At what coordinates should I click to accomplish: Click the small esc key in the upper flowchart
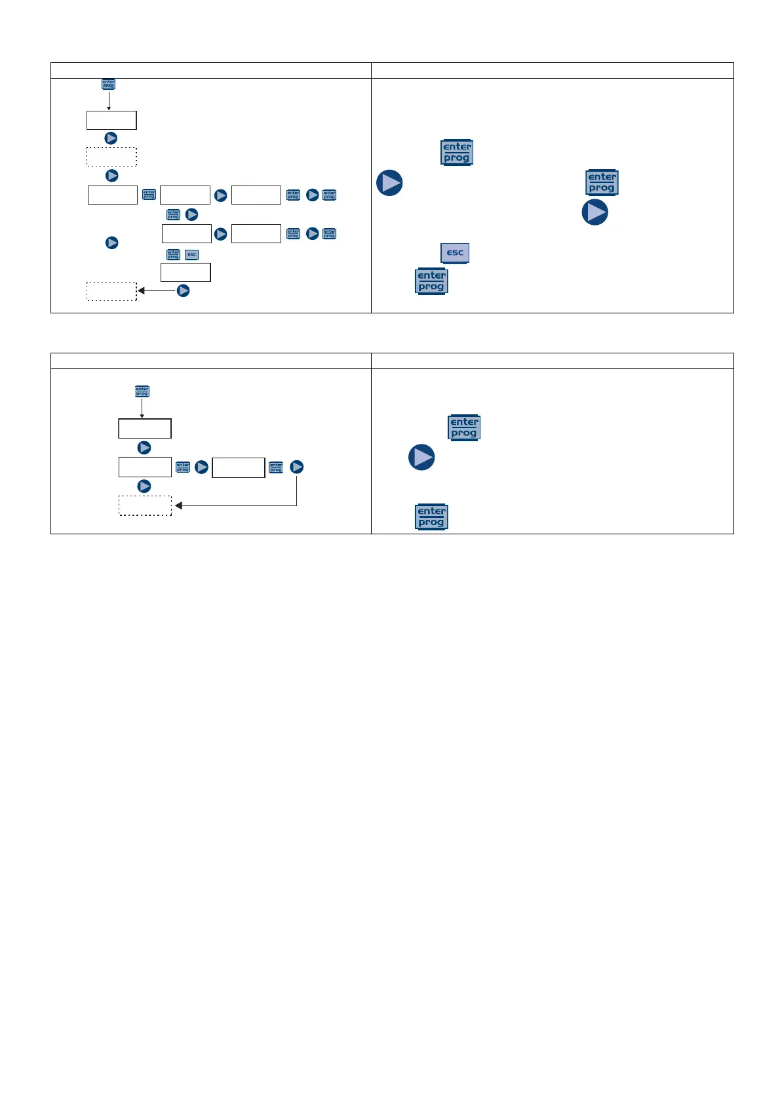tap(191, 254)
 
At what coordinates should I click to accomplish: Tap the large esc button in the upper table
tap(455, 253)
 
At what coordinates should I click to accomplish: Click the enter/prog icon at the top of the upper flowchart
tap(108, 85)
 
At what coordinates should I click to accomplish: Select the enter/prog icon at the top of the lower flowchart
tap(142, 391)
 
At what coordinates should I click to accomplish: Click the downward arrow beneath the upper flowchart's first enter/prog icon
tap(109, 101)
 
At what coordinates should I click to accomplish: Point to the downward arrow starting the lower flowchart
tap(142, 408)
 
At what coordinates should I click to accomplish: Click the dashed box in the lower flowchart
tap(145, 505)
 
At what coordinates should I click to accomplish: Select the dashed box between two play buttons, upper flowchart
tap(111, 157)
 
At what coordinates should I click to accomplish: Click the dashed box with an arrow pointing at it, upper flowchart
tap(111, 291)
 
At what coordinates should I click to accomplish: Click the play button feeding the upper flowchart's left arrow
tap(184, 290)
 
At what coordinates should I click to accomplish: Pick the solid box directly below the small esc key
tap(185, 272)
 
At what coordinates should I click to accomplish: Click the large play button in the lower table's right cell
tap(421, 457)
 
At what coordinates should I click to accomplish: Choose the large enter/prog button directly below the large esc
tap(431, 281)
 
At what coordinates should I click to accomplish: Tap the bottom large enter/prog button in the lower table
tap(431, 517)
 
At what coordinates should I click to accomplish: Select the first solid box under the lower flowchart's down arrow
tap(145, 429)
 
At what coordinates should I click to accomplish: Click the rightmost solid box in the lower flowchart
tap(239, 467)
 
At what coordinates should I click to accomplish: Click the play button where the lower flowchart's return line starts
tap(297, 467)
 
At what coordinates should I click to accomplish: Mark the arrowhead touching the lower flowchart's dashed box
tap(178, 505)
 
